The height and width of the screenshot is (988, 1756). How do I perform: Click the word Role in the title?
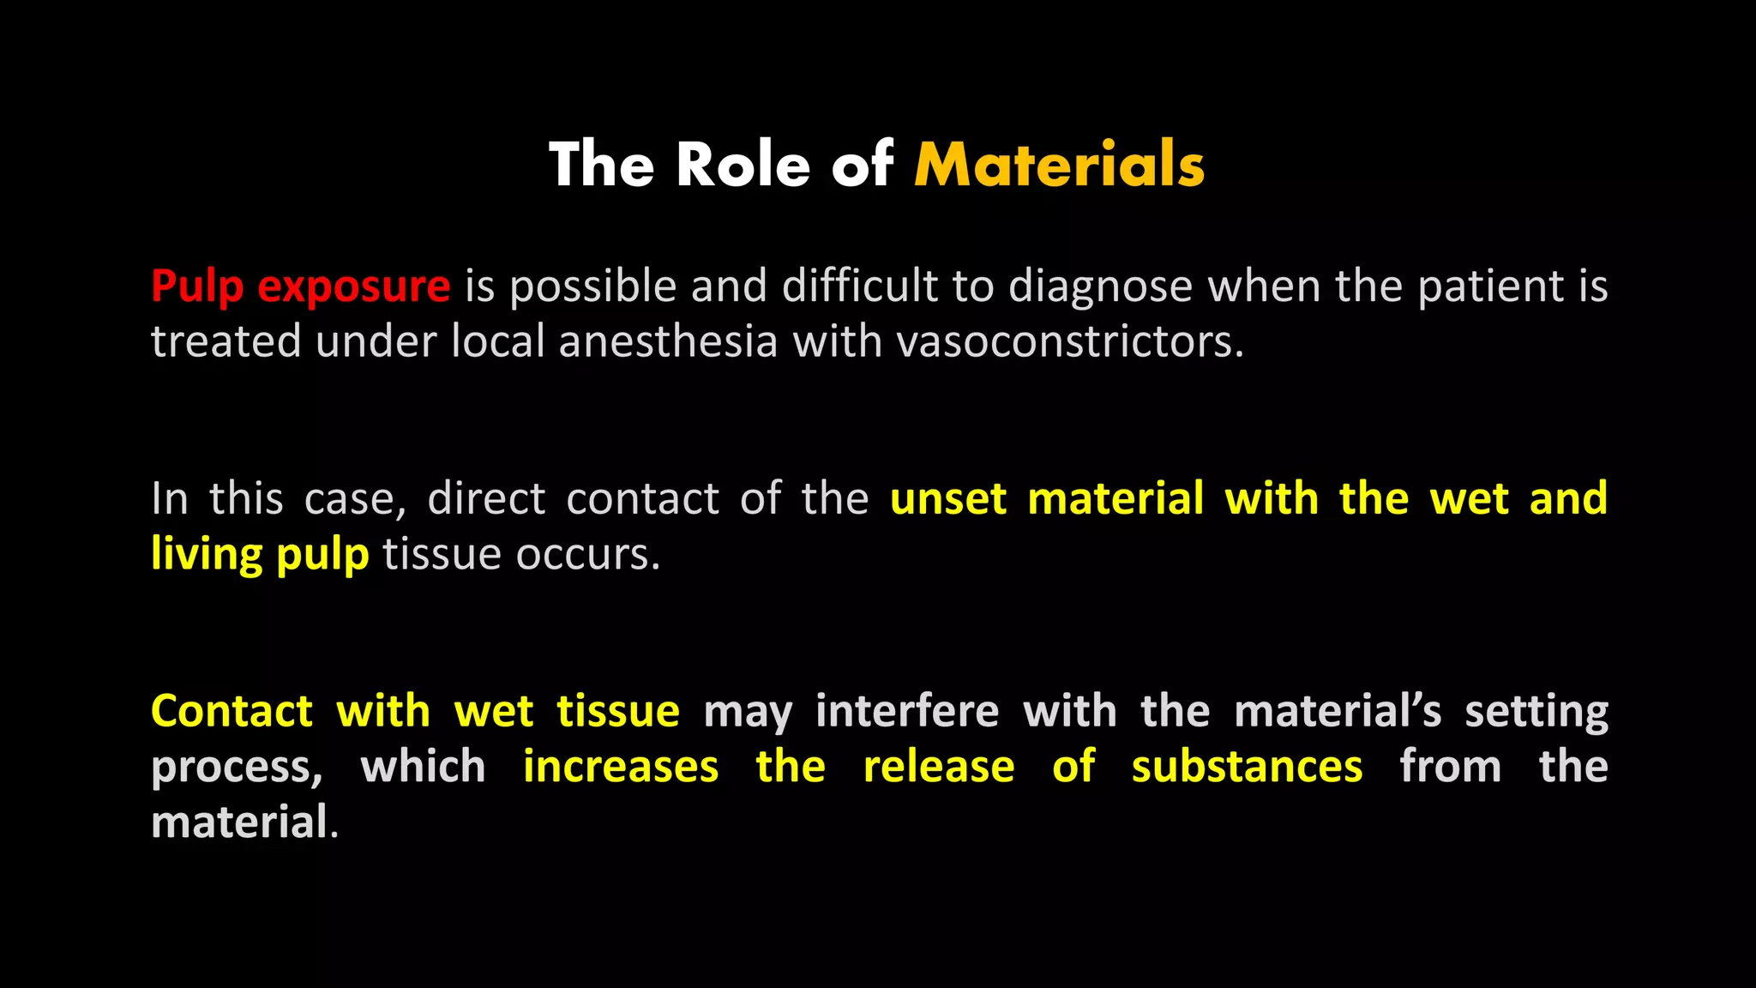[x=743, y=165]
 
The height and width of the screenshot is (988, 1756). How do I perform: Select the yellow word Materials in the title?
[x=1060, y=165]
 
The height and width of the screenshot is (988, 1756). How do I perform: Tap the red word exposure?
[x=353, y=286]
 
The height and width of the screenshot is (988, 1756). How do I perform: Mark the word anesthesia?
[x=668, y=341]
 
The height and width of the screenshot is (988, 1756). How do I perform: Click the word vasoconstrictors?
[x=1069, y=341]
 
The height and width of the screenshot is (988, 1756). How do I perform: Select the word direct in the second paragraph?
[x=486, y=498]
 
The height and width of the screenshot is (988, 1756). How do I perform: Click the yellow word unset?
[x=948, y=498]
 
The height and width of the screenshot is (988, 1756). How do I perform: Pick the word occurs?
[x=587, y=554]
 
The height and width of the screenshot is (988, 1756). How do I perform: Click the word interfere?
[x=907, y=711]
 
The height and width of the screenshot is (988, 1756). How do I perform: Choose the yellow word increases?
[x=621, y=766]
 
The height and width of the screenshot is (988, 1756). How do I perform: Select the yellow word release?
[x=939, y=766]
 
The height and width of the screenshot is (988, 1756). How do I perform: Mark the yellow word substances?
[x=1247, y=766]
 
